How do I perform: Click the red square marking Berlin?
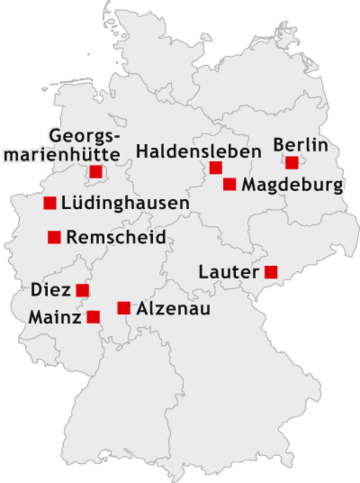[291, 163]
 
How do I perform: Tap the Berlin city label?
[300, 144]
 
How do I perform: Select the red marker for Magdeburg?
[229, 184]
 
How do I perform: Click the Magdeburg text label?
[291, 186]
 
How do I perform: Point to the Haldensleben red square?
[215, 168]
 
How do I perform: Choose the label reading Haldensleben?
[199, 152]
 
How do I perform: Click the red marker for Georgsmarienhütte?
[96, 171]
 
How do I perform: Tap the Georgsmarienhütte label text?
[84, 145]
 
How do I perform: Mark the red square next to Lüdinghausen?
[50, 203]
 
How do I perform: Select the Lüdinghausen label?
[125, 203]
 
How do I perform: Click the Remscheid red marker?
[54, 237]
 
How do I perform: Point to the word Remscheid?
[116, 237]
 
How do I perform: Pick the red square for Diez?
[82, 289]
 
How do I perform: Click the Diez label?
[51, 289]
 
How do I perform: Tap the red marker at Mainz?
[93, 317]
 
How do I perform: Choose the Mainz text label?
[55, 317]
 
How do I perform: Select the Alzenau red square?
[124, 307]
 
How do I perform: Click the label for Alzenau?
[173, 309]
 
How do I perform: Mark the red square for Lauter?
[271, 271]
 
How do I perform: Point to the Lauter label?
[228, 271]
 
